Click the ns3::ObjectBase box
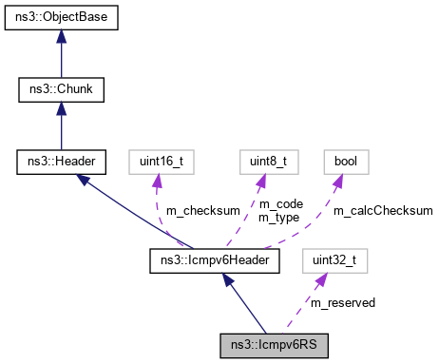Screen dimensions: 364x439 click(60, 19)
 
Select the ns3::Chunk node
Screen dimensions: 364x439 click(60, 90)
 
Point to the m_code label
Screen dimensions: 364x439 click(277, 203)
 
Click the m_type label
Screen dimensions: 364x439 click(277, 217)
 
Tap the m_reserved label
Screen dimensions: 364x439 click(343, 302)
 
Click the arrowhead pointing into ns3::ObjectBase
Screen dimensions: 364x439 click(60, 37)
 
